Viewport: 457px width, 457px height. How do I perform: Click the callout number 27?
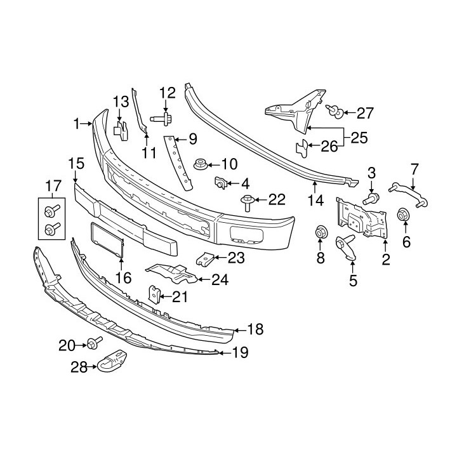(x=365, y=114)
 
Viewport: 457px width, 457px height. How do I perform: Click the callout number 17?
(x=51, y=187)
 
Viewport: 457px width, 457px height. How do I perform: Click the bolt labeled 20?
(x=94, y=344)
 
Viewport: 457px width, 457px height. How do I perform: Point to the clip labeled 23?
(x=203, y=258)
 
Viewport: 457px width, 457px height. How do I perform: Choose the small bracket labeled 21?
(x=154, y=294)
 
